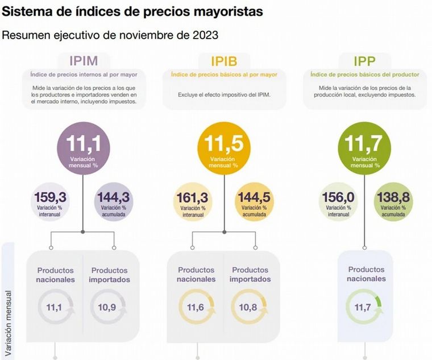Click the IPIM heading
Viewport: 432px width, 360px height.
(x=84, y=61)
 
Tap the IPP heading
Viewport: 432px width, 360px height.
(x=365, y=61)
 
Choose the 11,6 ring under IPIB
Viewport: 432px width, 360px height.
(x=196, y=308)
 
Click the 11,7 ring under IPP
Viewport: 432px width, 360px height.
(x=364, y=307)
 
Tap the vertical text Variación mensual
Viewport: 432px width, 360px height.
(x=9, y=319)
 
